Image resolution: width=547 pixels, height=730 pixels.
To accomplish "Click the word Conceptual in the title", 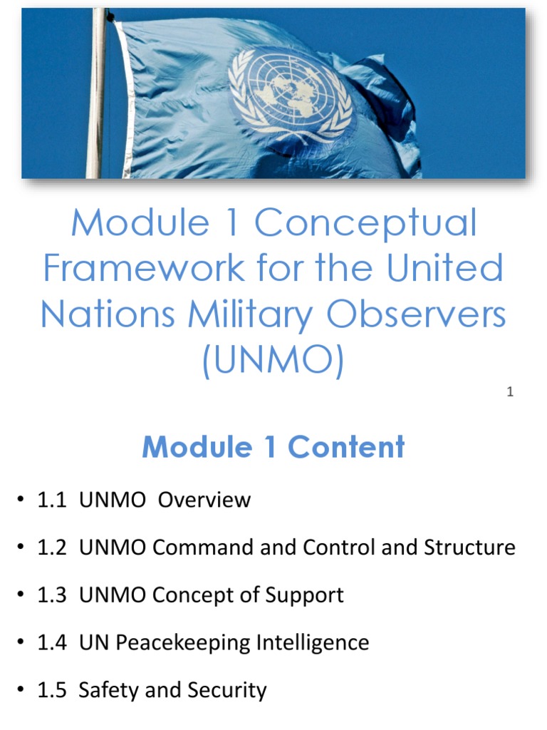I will (365, 223).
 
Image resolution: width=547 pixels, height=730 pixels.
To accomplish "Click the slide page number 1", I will (510, 391).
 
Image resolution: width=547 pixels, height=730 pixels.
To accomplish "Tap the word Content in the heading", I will (346, 447).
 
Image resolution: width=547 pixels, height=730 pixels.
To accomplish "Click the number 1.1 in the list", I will (51, 500).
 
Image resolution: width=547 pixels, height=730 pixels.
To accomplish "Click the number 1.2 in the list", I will (51, 547).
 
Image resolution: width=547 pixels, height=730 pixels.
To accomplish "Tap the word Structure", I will (469, 547).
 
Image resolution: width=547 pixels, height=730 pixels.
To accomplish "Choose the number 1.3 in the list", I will (51, 595).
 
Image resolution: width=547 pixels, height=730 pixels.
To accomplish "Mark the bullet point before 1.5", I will (22, 691).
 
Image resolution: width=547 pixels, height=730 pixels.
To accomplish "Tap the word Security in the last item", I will (227, 691).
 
